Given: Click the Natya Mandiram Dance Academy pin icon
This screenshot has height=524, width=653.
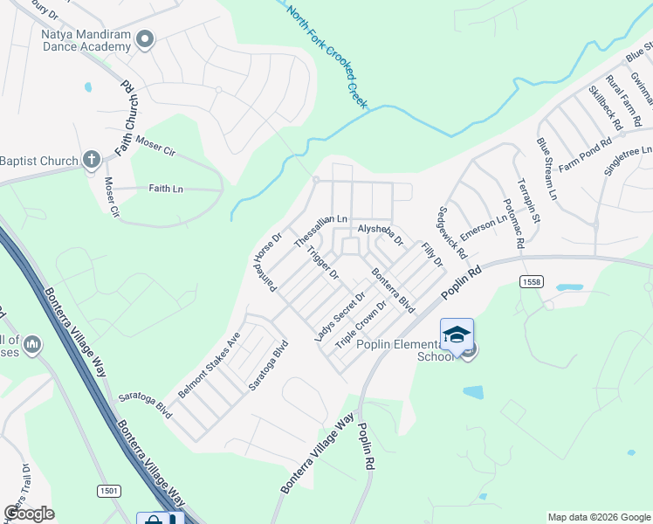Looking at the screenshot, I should pyautogui.click(x=146, y=38).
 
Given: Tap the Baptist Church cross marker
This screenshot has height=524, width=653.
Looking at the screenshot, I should pyautogui.click(x=91, y=160).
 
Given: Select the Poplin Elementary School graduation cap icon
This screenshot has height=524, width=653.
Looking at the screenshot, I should pyautogui.click(x=457, y=335).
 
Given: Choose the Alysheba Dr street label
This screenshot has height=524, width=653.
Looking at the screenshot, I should pyautogui.click(x=381, y=234).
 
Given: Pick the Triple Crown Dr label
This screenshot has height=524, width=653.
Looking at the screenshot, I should pyautogui.click(x=361, y=327).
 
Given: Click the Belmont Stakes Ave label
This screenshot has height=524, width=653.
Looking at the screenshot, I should pyautogui.click(x=210, y=365).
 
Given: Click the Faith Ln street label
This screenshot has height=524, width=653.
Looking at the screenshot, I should pyautogui.click(x=166, y=188).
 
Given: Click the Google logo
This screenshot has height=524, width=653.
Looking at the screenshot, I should pyautogui.click(x=29, y=514).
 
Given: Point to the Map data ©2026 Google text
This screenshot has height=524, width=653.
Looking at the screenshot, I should pyautogui.click(x=598, y=517).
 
